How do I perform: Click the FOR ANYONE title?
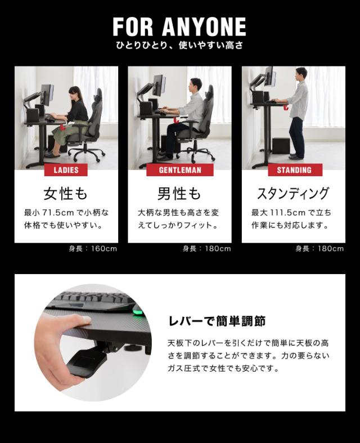179,26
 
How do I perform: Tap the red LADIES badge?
66,170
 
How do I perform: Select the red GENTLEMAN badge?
179,170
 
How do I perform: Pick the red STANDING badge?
294,170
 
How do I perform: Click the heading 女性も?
66,194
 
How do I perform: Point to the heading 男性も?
179,194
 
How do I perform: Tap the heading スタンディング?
293,194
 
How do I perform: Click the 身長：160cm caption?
93,249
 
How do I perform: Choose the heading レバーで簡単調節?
217,322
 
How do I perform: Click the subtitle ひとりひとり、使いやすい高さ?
179,45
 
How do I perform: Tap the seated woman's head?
74,92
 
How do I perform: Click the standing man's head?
302,74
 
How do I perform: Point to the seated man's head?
195,85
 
